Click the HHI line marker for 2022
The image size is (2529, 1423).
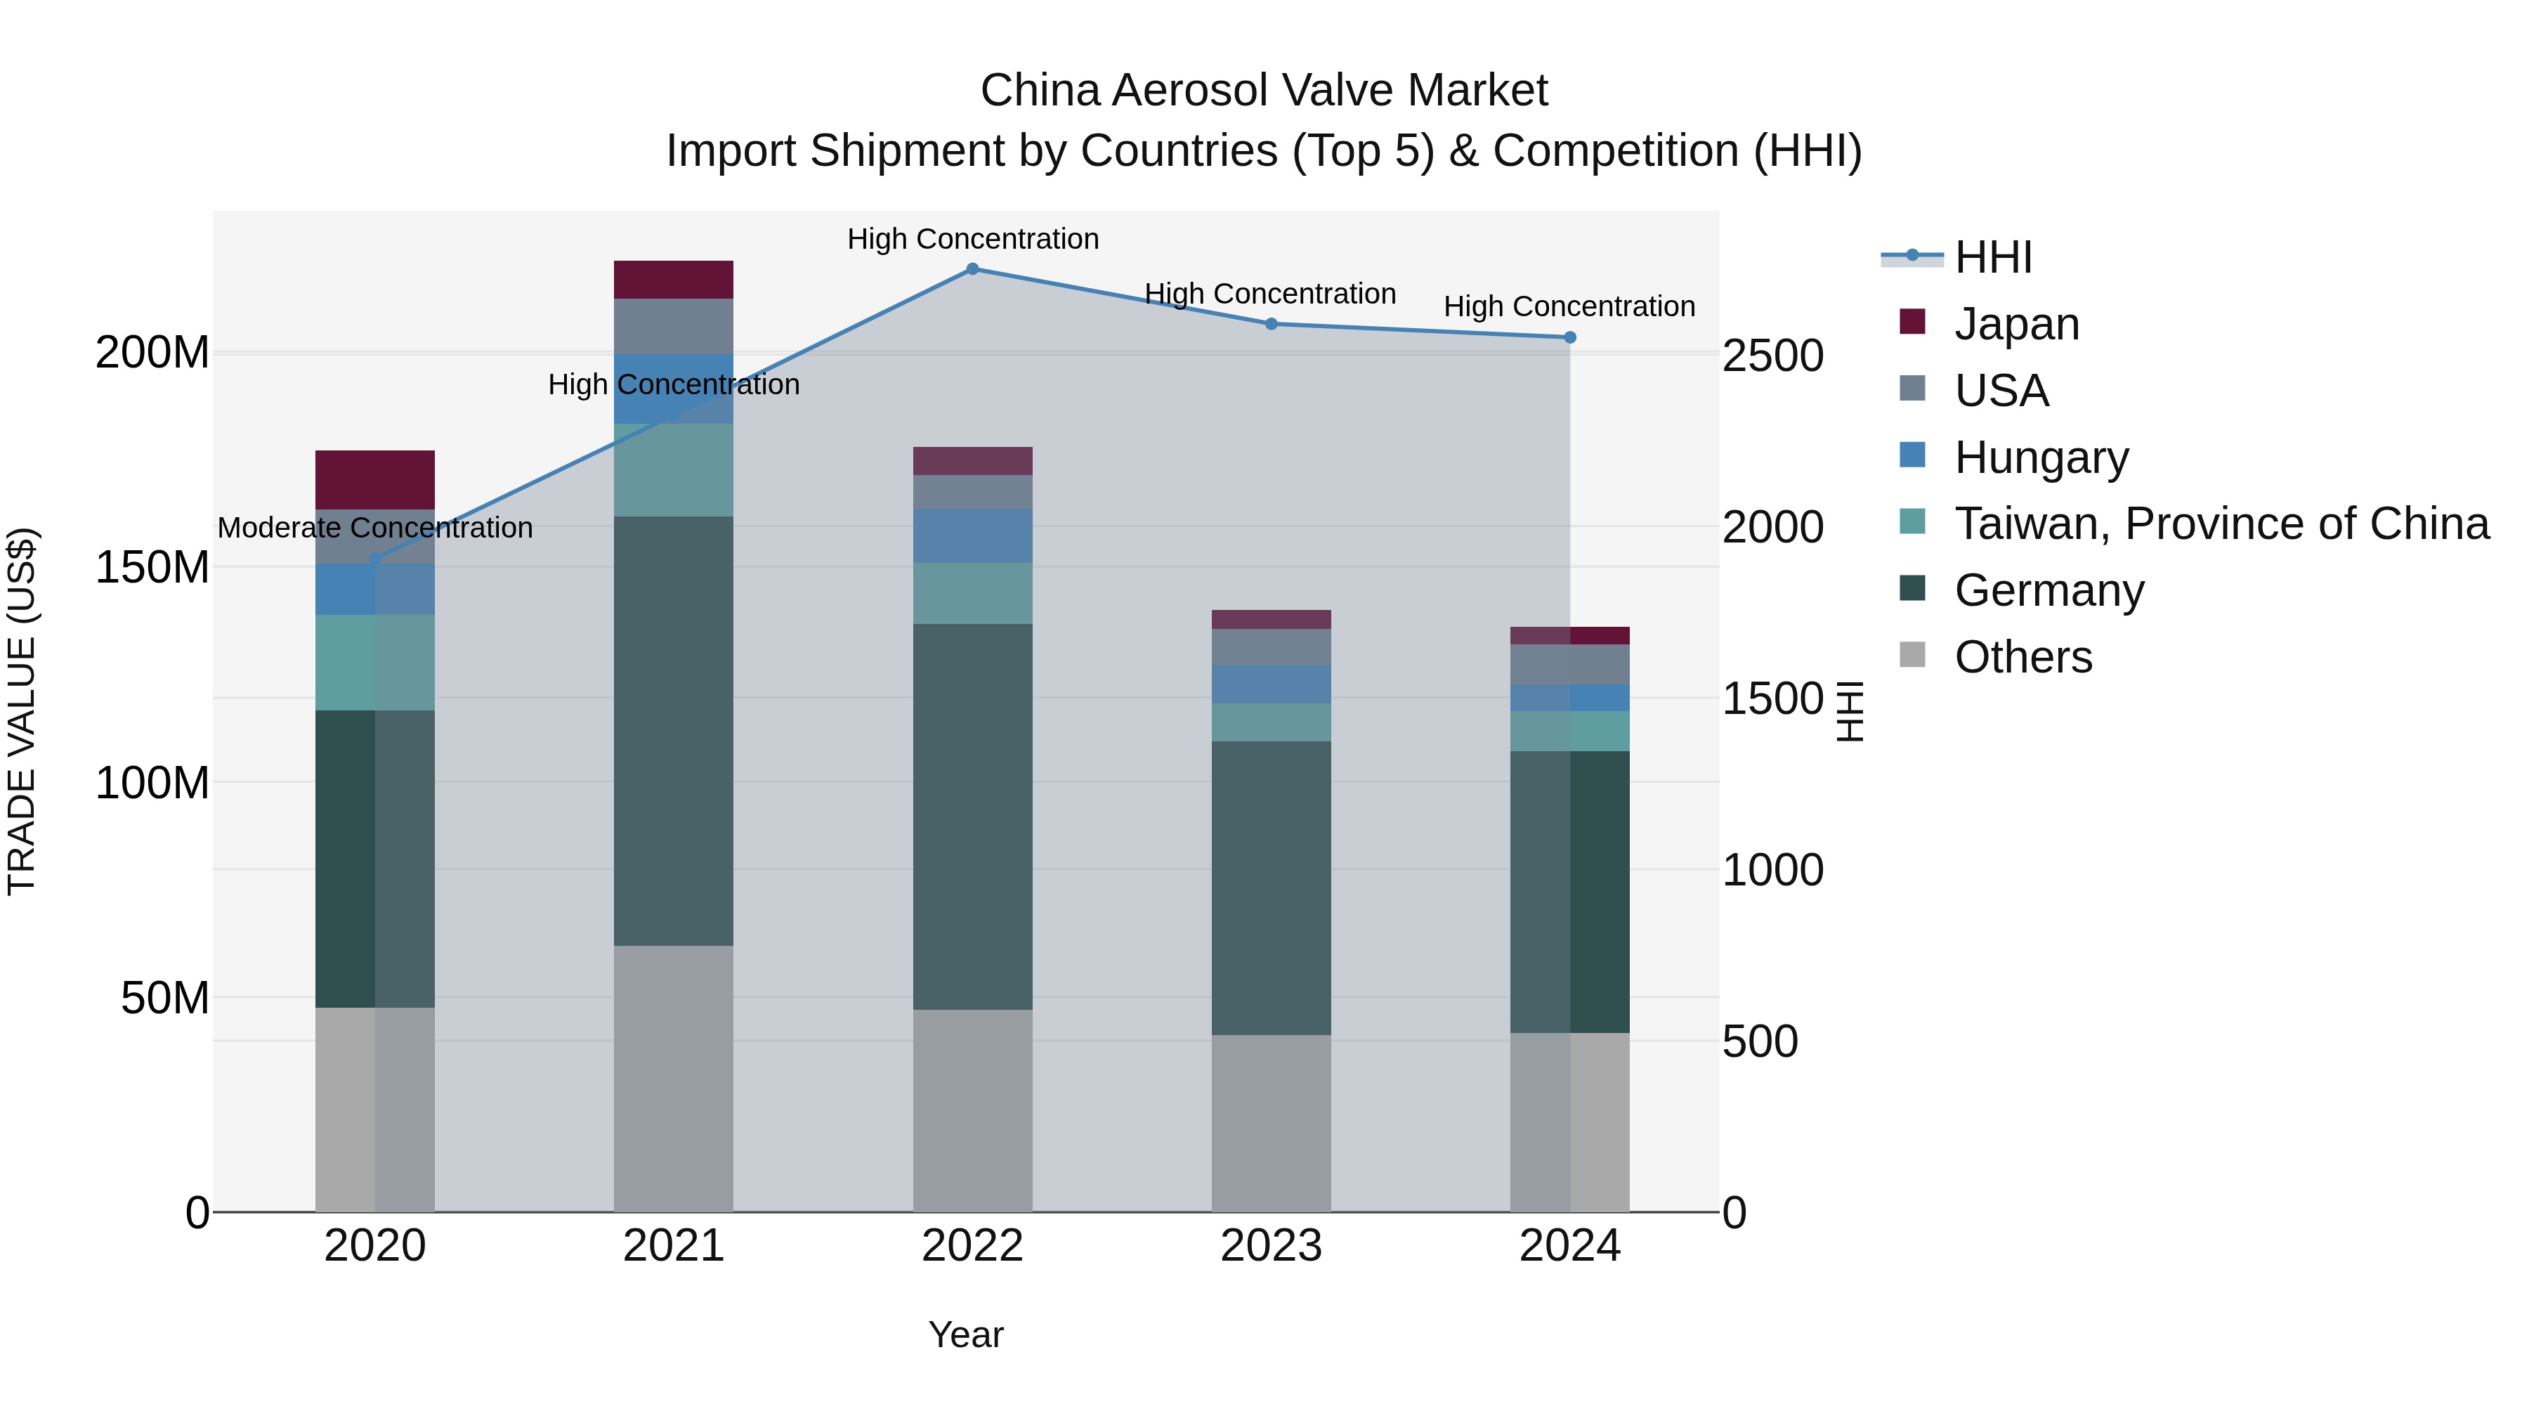pos(972,269)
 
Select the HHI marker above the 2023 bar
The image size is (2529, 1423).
pos(1270,324)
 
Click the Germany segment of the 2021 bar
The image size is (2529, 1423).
pos(674,731)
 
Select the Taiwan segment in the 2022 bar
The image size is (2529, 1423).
pos(972,593)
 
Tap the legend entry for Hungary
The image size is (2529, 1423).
pos(2041,457)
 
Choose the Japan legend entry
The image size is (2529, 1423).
pos(2015,324)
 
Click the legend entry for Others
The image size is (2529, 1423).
pos(2022,657)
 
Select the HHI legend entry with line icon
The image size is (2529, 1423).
pos(1992,257)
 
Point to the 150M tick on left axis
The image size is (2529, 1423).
pos(152,568)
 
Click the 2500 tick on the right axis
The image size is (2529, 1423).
pos(1773,356)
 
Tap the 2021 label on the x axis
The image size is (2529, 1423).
pos(674,1246)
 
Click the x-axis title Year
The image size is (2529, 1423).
pos(966,1334)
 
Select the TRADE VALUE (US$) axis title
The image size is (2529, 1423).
pos(22,711)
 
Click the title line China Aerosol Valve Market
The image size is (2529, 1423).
pos(1264,91)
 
